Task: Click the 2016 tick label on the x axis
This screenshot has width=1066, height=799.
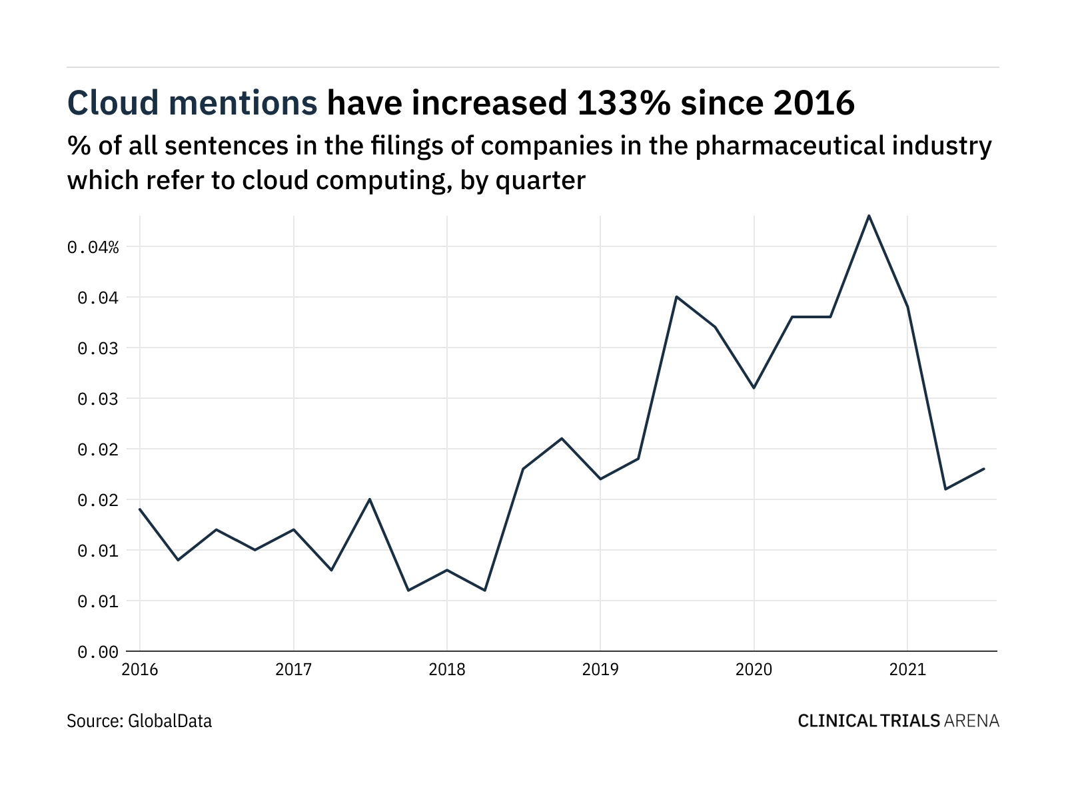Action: tap(140, 670)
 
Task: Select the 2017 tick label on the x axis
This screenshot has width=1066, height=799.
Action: tap(293, 670)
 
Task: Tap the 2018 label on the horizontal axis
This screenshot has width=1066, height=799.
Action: tap(447, 670)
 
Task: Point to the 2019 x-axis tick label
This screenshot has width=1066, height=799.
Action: tap(600, 670)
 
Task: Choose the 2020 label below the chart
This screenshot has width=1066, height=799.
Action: tap(754, 670)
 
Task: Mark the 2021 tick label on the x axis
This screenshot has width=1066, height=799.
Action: tap(907, 670)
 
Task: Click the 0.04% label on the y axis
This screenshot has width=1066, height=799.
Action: tap(93, 248)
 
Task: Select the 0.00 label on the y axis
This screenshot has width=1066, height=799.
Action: tap(98, 653)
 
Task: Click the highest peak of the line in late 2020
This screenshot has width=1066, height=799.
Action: tap(869, 216)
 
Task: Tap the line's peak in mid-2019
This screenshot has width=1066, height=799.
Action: tap(676, 296)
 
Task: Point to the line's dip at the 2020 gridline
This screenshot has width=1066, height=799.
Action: tap(754, 388)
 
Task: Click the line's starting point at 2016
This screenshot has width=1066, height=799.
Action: tap(140, 509)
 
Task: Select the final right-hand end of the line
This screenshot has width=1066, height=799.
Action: tap(984, 469)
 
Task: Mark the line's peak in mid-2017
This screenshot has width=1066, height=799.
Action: tap(370, 499)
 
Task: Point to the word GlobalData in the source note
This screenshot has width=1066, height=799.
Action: tap(169, 720)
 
